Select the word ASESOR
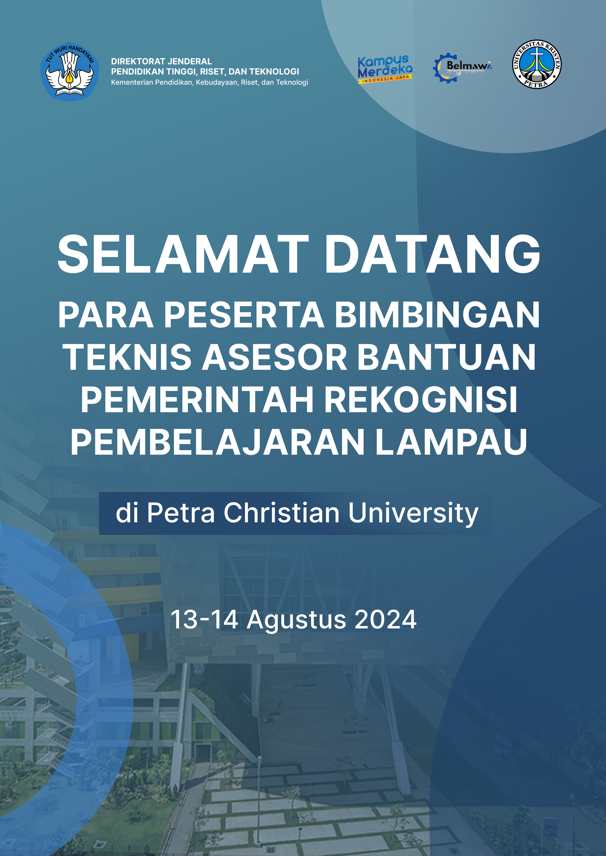275,357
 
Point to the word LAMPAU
451,442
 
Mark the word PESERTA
244,315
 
